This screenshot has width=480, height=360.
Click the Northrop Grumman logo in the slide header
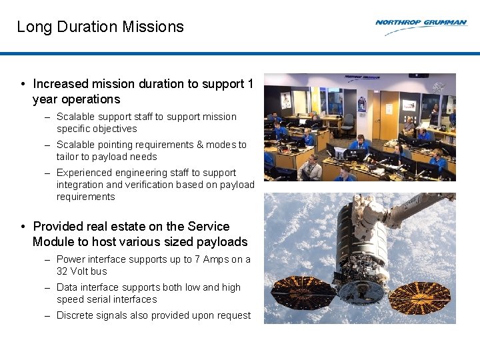[x=421, y=23]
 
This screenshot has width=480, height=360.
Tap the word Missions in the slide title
[x=157, y=27]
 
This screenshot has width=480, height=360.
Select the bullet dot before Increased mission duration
[x=23, y=84]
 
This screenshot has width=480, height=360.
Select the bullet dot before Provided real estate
[x=23, y=227]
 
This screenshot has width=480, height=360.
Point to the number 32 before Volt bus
[x=63, y=271]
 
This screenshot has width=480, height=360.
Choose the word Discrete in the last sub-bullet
[x=75, y=315]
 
